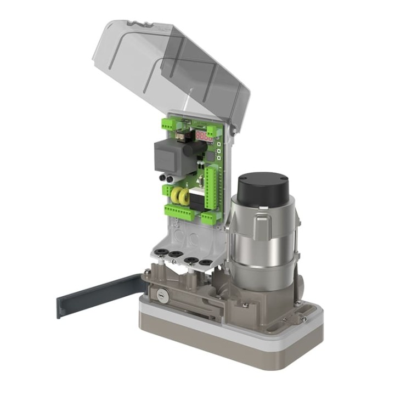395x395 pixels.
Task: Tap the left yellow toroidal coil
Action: coord(177,196)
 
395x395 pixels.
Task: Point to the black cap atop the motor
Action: coord(262,188)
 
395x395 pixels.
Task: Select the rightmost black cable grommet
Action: coord(205,263)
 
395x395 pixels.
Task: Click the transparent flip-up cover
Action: coord(170,66)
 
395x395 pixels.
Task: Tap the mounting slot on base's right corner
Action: coord(302,319)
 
